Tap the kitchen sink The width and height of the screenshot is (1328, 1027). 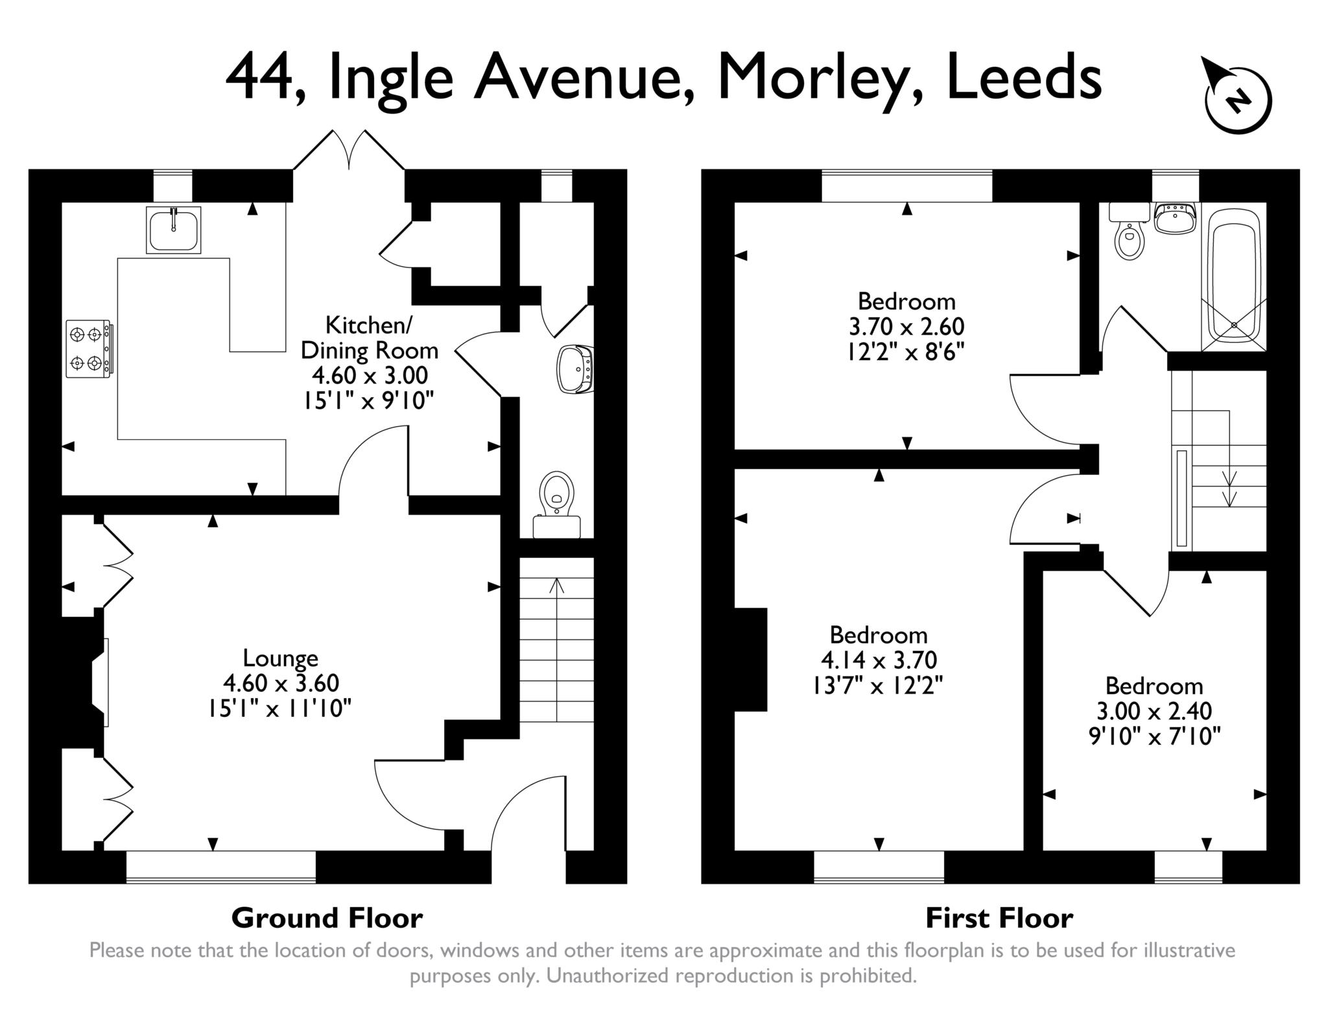[x=173, y=230]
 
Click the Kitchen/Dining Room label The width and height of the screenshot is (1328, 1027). [x=369, y=337]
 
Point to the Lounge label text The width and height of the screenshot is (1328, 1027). [x=280, y=658]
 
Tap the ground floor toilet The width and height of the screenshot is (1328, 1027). [x=557, y=502]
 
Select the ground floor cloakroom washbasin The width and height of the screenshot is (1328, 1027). [x=575, y=370]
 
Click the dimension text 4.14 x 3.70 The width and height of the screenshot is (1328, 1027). [x=879, y=660]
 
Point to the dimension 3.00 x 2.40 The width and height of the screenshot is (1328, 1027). [x=1154, y=711]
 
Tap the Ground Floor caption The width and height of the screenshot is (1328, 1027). [x=327, y=918]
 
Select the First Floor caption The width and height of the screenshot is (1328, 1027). [x=999, y=918]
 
